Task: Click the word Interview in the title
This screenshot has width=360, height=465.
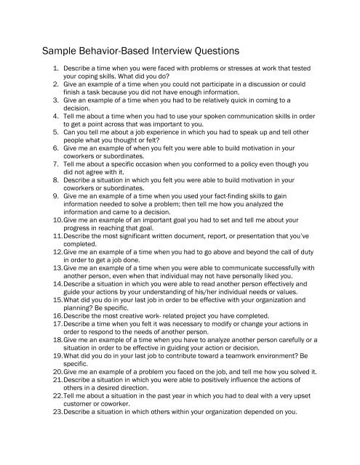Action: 155,52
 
